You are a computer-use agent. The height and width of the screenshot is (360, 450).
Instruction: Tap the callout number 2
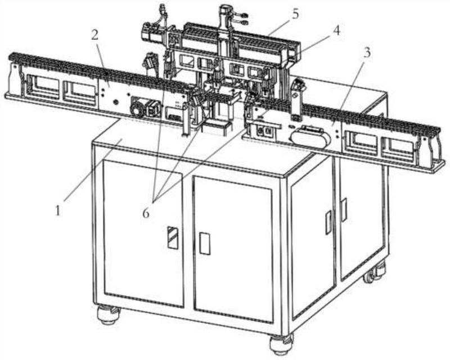(x=94, y=35)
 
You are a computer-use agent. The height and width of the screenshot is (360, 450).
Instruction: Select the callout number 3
(x=367, y=52)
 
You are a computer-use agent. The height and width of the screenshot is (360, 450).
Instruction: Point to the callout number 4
(x=336, y=30)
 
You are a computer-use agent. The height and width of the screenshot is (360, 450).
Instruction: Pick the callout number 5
(x=296, y=14)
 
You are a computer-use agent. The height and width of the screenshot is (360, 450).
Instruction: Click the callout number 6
(x=146, y=213)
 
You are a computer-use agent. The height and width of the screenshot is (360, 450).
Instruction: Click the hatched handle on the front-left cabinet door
(x=173, y=237)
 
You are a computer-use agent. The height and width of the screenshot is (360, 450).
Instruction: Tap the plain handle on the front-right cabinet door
(x=205, y=244)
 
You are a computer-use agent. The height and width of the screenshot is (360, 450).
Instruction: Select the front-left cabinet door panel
(x=144, y=233)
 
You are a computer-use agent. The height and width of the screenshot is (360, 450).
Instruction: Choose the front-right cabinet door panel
(x=233, y=249)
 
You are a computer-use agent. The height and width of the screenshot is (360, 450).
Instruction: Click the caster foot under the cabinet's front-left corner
(x=108, y=314)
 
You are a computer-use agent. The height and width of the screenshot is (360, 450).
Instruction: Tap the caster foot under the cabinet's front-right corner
(x=281, y=344)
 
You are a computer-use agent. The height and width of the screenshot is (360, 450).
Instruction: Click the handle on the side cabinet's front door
(x=328, y=222)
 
